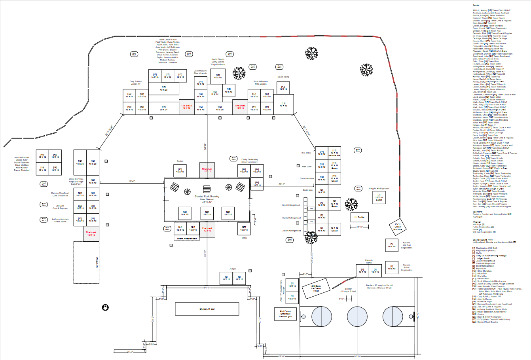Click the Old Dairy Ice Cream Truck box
316,288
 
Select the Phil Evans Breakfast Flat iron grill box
285,314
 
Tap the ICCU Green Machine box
398,227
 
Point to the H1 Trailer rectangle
359,217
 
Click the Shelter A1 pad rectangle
207,309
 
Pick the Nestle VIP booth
334,153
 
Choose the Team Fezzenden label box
185,239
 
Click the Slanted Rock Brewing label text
207,196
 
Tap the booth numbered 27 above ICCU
244,228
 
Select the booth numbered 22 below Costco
180,171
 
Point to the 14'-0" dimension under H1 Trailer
359,227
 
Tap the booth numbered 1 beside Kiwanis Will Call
392,245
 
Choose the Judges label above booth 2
233,269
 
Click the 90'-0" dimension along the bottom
357,356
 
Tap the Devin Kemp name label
283,77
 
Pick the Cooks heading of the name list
476,5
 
